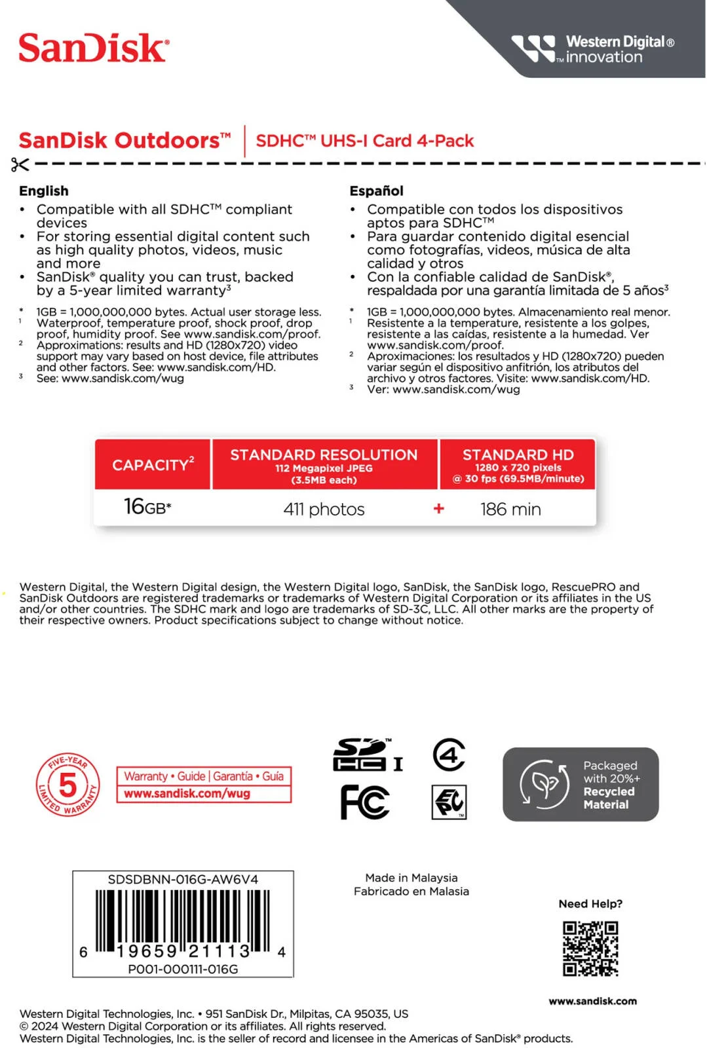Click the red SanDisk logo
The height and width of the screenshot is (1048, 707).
94,48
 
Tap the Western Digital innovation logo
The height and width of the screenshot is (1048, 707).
594,49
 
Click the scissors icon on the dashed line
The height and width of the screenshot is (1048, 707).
20,164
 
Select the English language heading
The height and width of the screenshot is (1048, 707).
44,191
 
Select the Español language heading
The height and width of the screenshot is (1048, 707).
376,191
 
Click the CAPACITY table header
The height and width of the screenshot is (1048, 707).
153,464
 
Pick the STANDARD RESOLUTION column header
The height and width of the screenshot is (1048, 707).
324,464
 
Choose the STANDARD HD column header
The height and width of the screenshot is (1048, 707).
518,464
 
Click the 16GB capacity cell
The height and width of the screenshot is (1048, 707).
147,507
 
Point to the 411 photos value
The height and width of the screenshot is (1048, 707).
324,509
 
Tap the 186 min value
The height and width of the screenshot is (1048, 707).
510,509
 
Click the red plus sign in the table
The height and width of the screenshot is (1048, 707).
439,508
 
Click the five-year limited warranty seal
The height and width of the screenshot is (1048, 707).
67,785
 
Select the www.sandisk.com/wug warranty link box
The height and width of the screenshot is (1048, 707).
204,793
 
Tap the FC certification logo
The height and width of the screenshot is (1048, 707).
365,802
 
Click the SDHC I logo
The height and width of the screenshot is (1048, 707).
368,755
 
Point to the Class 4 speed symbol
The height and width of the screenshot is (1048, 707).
449,755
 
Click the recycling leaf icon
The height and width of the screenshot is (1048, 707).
544,783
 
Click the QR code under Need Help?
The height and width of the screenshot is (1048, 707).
590,948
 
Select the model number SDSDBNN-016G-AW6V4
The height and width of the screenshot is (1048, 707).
183,879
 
